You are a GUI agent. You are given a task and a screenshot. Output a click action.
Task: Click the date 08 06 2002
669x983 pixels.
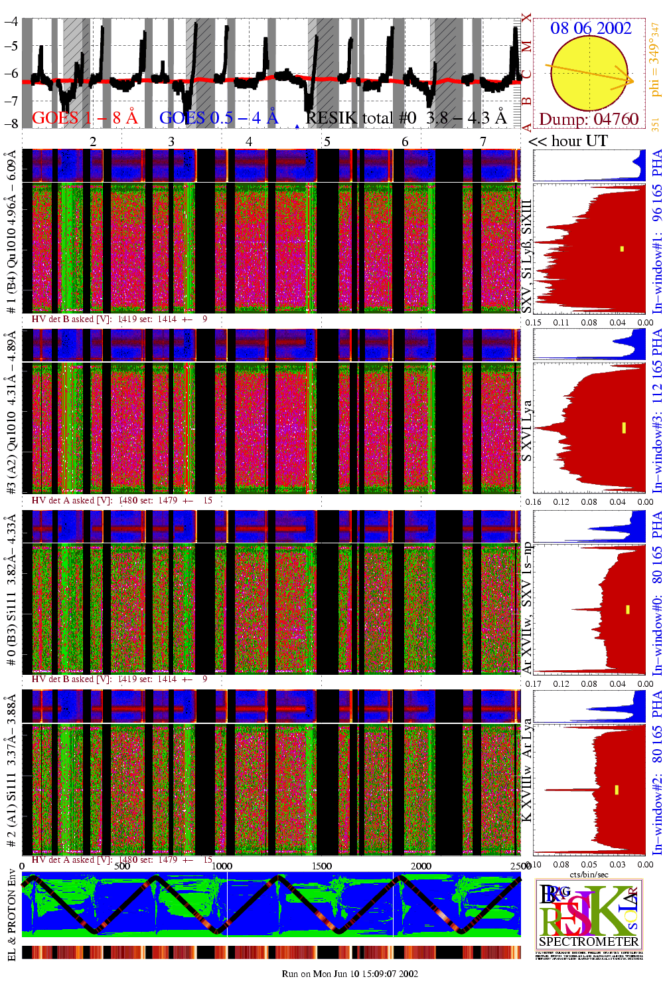(x=590, y=28)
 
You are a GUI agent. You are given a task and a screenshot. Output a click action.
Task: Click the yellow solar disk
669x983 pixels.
(x=589, y=73)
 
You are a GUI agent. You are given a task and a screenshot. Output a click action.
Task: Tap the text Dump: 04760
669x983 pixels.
(x=589, y=120)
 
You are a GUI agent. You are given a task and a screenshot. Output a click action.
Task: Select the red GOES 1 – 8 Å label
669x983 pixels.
(x=84, y=118)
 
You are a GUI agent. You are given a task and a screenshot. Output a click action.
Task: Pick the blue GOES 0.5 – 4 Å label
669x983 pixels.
(x=218, y=118)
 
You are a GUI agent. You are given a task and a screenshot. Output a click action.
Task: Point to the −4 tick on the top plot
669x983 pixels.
(x=11, y=21)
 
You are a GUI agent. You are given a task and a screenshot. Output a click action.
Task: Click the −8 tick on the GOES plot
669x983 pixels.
(x=11, y=124)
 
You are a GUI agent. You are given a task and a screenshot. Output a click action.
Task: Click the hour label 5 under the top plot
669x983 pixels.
(x=327, y=141)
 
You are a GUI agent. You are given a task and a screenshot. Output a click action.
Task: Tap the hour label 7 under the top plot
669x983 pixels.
(x=483, y=141)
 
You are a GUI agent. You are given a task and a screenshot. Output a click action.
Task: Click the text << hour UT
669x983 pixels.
(x=567, y=141)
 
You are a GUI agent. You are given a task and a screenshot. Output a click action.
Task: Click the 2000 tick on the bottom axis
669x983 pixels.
(x=421, y=865)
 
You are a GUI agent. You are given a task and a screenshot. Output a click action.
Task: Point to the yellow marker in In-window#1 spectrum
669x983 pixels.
(x=622, y=249)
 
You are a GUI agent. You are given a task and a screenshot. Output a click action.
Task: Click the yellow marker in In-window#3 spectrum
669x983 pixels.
(x=624, y=428)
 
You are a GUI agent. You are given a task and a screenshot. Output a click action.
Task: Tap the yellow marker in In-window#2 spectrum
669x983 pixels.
(x=617, y=790)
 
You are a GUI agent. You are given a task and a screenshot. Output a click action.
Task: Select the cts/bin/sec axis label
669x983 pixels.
(x=589, y=874)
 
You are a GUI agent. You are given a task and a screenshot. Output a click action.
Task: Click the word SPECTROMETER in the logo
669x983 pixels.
(x=589, y=941)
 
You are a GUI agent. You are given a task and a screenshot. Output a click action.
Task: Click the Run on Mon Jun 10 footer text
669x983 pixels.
(x=350, y=974)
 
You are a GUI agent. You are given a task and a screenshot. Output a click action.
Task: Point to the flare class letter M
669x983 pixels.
(x=526, y=46)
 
